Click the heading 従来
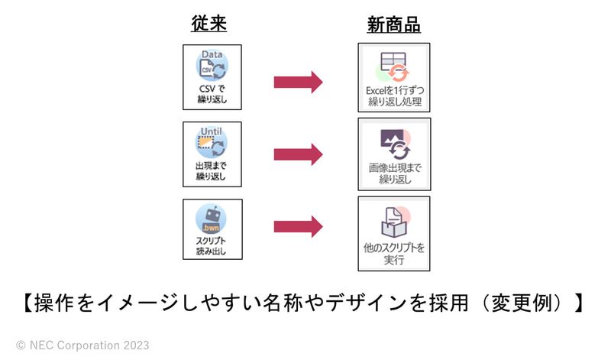(209, 24)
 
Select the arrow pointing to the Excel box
(298, 79)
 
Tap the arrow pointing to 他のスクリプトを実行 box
(298, 226)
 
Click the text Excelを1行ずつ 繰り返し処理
(394, 96)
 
